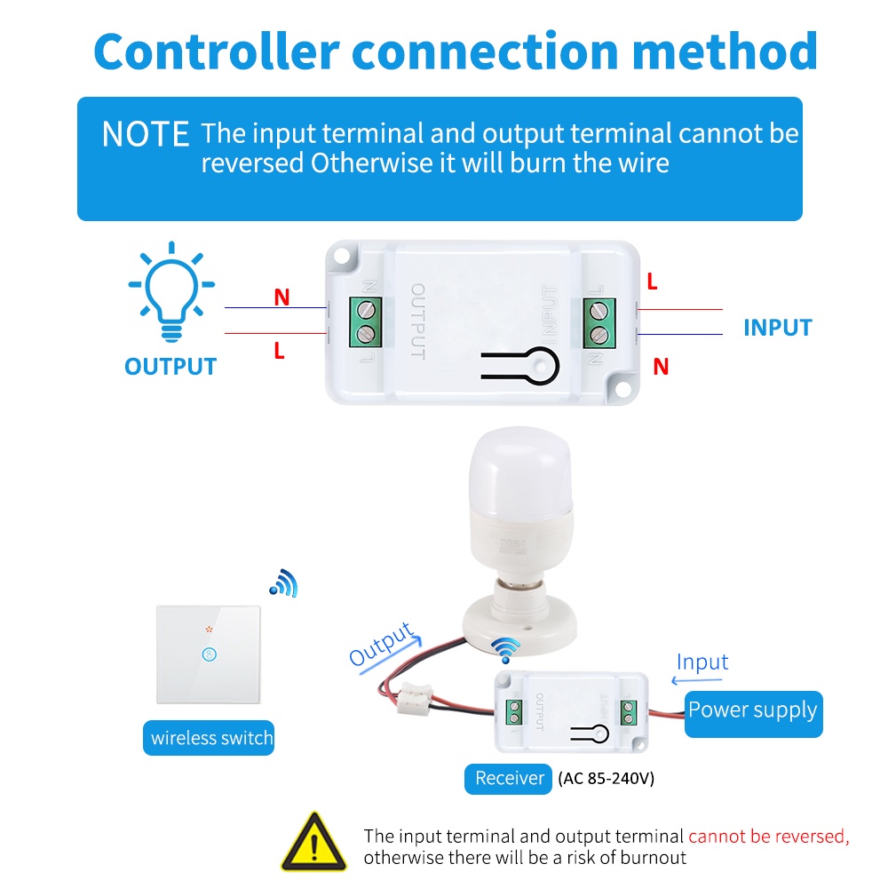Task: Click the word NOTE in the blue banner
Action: point(146,134)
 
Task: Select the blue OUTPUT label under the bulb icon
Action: point(170,366)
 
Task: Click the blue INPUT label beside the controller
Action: point(777,328)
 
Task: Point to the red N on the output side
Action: point(281,297)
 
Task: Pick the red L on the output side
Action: point(279,352)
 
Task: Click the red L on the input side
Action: point(652,282)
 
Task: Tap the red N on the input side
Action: point(660,366)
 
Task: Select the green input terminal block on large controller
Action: point(600,321)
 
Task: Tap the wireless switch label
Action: point(211,738)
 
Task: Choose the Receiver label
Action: point(509,779)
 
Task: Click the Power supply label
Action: point(753,710)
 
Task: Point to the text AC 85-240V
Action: point(607,780)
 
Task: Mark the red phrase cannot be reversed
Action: point(768,836)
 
